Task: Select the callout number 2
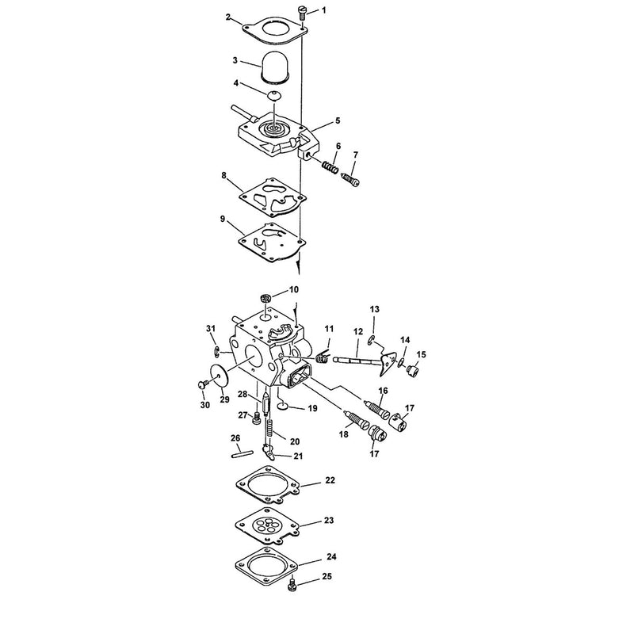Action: [x=228, y=17]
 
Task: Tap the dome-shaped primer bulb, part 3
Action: [x=274, y=67]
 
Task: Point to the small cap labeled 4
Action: [x=274, y=95]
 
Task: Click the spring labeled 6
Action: [x=330, y=166]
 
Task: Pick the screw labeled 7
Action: [x=350, y=180]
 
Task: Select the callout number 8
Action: [x=223, y=176]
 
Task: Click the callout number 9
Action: [x=223, y=220]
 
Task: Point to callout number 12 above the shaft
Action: [x=358, y=332]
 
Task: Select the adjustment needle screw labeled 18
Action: [x=355, y=422]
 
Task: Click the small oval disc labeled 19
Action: [x=283, y=406]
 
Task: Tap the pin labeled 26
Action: [x=242, y=454]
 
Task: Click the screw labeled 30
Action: [x=204, y=384]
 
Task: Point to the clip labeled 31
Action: [x=217, y=352]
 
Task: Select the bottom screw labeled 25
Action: [x=292, y=586]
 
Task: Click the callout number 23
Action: [x=329, y=520]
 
